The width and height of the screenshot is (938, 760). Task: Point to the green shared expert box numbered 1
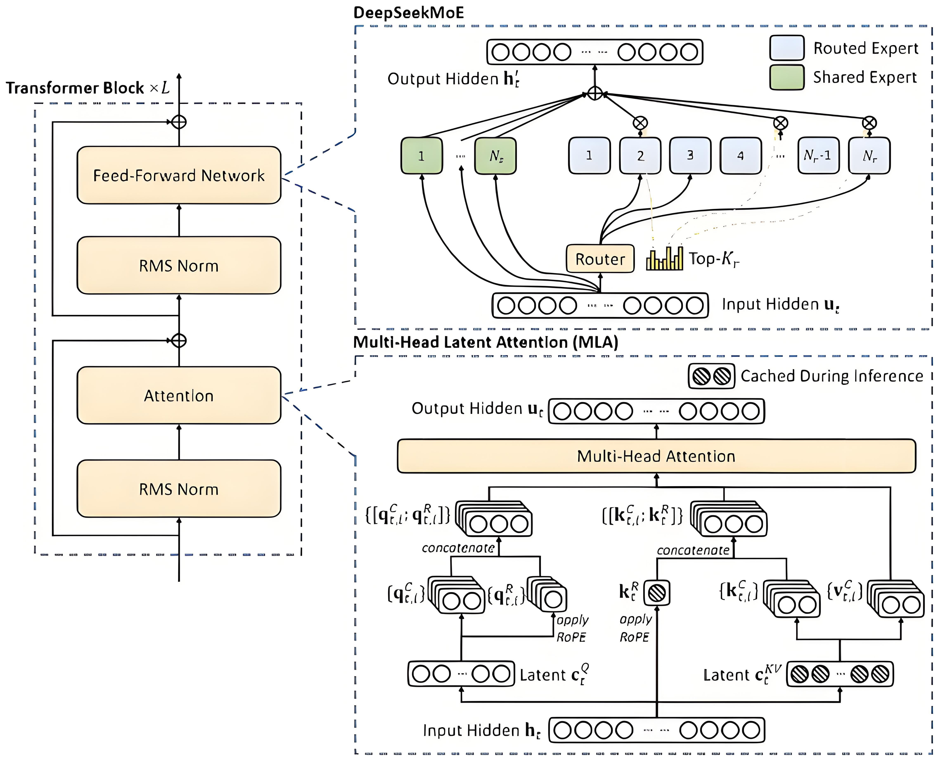click(x=421, y=156)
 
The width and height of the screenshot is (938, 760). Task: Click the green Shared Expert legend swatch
click(x=787, y=77)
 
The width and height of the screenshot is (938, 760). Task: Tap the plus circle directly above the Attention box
click(x=179, y=340)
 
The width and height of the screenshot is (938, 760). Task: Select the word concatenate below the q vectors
click(x=458, y=548)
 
